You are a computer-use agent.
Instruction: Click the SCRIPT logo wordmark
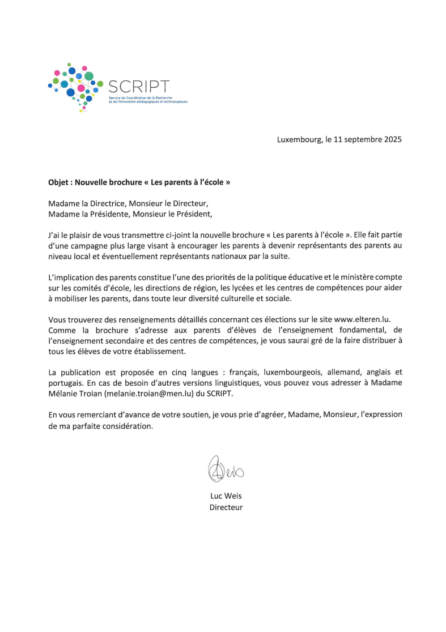pyautogui.click(x=138, y=87)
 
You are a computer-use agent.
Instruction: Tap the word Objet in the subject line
pyautogui.click(x=59, y=183)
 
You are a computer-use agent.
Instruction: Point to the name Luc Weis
pyautogui.click(x=226, y=496)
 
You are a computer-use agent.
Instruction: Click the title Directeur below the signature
pyautogui.click(x=226, y=507)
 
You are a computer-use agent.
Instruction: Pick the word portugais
pyautogui.click(x=66, y=383)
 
